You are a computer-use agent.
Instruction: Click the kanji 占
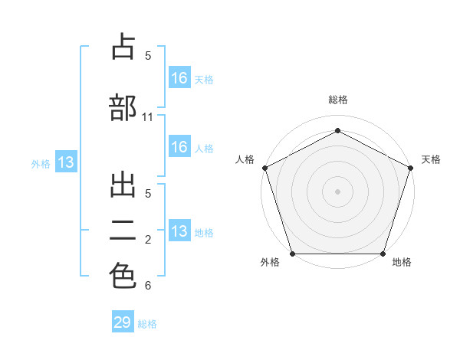coord(123,46)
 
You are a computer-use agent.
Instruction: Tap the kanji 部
coord(123,107)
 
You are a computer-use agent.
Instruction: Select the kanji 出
coord(123,185)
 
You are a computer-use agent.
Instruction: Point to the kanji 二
coord(123,231)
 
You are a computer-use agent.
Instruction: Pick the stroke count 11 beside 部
coord(147,117)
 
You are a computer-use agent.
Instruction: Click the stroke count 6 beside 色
coord(148,285)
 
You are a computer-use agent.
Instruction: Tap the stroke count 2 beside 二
coord(148,240)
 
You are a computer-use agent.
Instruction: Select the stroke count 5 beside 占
coord(148,55)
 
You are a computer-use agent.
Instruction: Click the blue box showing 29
coord(123,321)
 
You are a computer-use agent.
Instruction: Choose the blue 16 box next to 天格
coord(179,77)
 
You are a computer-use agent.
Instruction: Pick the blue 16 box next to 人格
coord(179,146)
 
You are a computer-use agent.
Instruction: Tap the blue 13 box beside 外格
coord(66,162)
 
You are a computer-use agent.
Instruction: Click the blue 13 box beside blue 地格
coord(179,230)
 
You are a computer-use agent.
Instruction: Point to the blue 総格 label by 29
coord(147,324)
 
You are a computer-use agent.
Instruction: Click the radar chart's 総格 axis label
coord(338,100)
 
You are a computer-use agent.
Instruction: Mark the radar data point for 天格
coord(410,168)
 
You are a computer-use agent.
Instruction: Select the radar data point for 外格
coord(293,254)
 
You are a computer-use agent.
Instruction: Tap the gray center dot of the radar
coord(337,191)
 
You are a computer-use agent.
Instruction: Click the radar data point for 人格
coord(265,168)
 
